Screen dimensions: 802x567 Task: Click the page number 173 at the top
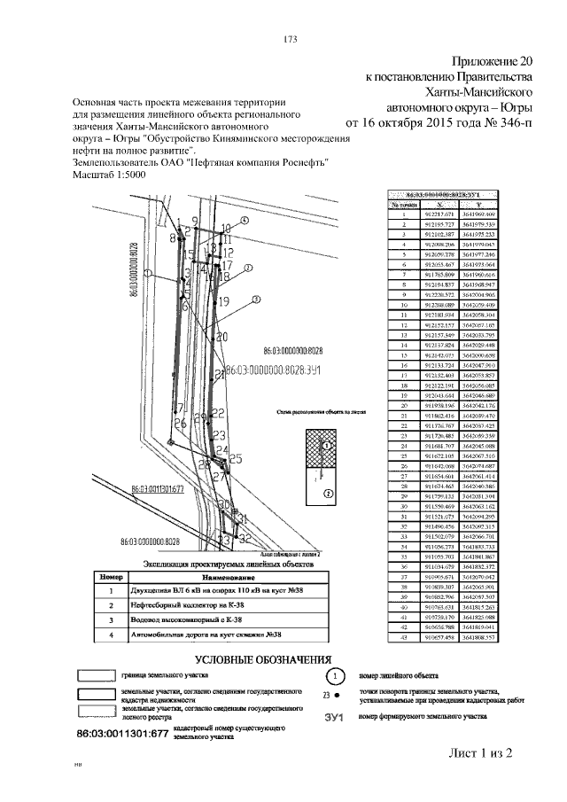[x=288, y=39]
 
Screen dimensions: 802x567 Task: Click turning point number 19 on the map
[x=223, y=300]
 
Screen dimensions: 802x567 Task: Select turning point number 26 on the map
[x=180, y=424]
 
